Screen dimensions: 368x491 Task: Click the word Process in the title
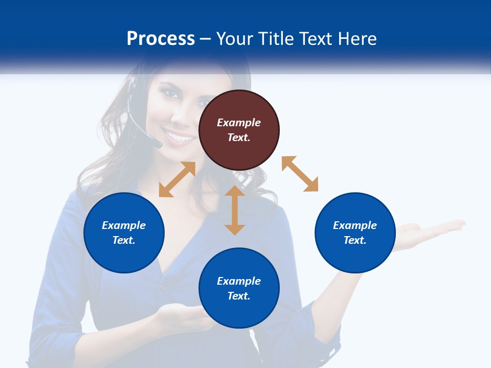(x=161, y=39)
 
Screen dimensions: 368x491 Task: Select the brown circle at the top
(x=239, y=130)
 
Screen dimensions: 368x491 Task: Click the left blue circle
(x=124, y=233)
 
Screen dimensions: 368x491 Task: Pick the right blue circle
(x=355, y=233)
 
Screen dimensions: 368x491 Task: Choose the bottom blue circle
(x=239, y=288)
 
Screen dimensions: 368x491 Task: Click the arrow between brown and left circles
(x=177, y=179)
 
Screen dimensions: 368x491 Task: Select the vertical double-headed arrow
(x=235, y=210)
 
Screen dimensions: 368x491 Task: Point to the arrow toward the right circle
(x=300, y=174)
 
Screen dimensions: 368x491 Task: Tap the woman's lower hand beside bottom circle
(x=182, y=314)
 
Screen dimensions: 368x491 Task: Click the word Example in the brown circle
(x=239, y=123)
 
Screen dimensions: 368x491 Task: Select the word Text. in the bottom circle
(x=239, y=296)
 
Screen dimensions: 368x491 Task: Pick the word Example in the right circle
(x=355, y=225)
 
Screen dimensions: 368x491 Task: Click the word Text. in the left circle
(x=124, y=240)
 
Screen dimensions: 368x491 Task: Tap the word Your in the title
(x=235, y=39)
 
